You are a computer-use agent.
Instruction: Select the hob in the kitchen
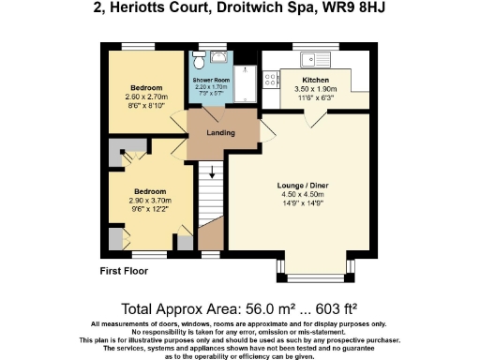tap(271, 80)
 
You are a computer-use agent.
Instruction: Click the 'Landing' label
tap(220, 132)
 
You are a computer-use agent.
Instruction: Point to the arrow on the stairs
tap(212, 172)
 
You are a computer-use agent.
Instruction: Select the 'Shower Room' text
tap(211, 81)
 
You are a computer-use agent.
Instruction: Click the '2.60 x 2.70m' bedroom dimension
tap(144, 97)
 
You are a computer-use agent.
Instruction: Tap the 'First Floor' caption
tap(124, 272)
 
